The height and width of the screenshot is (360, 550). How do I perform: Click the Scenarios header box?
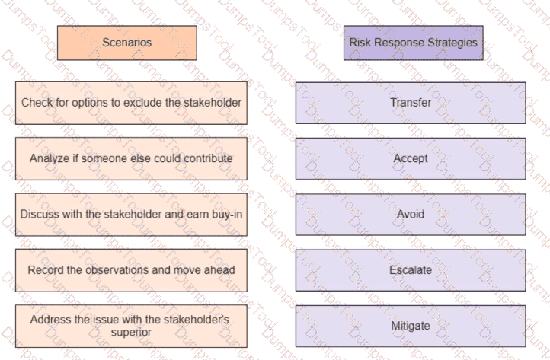click(127, 43)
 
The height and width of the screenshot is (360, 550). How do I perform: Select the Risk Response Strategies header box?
click(413, 43)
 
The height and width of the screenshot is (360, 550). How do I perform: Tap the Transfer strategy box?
click(411, 103)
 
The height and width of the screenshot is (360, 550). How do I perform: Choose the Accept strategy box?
click(411, 158)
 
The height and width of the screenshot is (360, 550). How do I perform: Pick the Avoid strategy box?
click(411, 214)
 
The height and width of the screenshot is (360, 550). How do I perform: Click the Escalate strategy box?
click(411, 270)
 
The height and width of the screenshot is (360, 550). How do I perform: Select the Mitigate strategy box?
click(411, 326)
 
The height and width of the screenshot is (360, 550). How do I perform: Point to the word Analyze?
click(50, 158)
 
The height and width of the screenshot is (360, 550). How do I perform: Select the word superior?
click(131, 333)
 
